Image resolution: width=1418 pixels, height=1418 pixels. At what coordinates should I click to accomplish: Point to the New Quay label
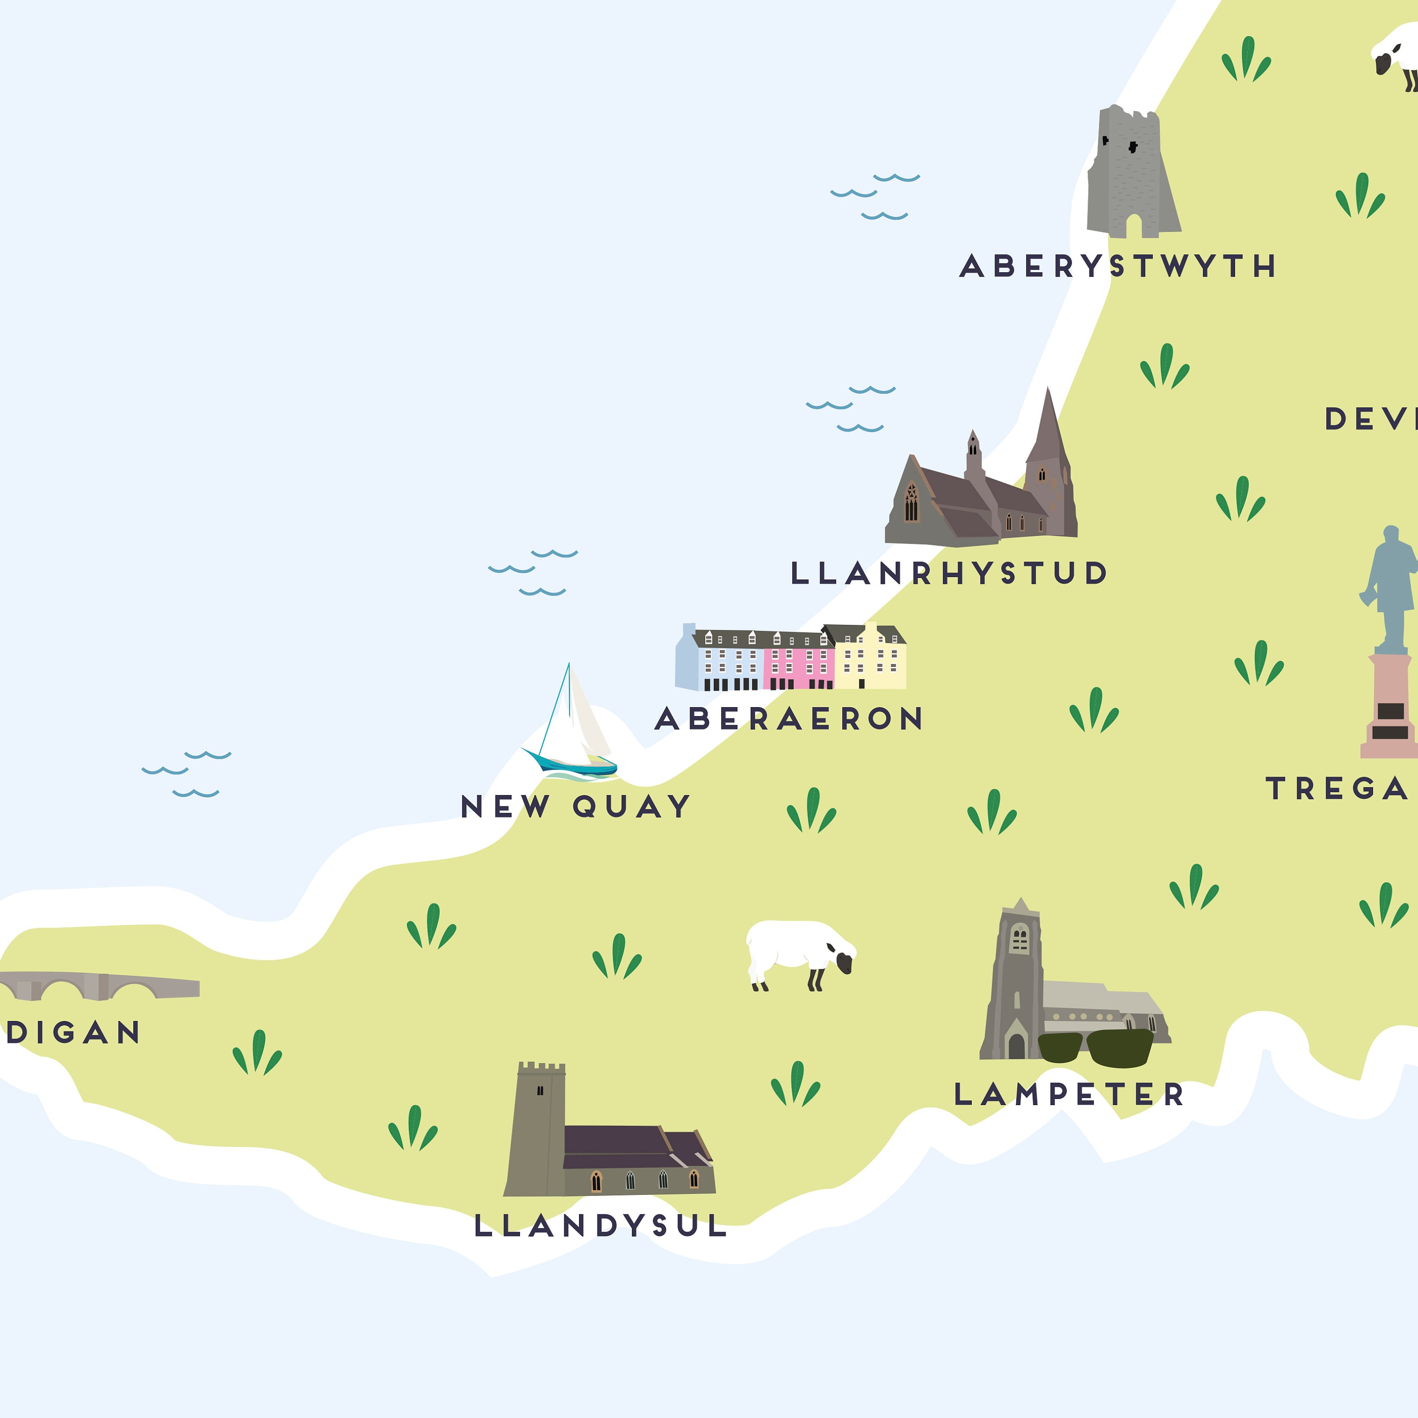[x=575, y=807]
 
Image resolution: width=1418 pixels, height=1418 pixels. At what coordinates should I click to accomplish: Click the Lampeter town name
[x=1069, y=1094]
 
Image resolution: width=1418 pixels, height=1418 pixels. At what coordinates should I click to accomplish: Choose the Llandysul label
[x=600, y=1226]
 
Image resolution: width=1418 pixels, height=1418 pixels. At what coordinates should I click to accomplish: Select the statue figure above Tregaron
[x=1391, y=587]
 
